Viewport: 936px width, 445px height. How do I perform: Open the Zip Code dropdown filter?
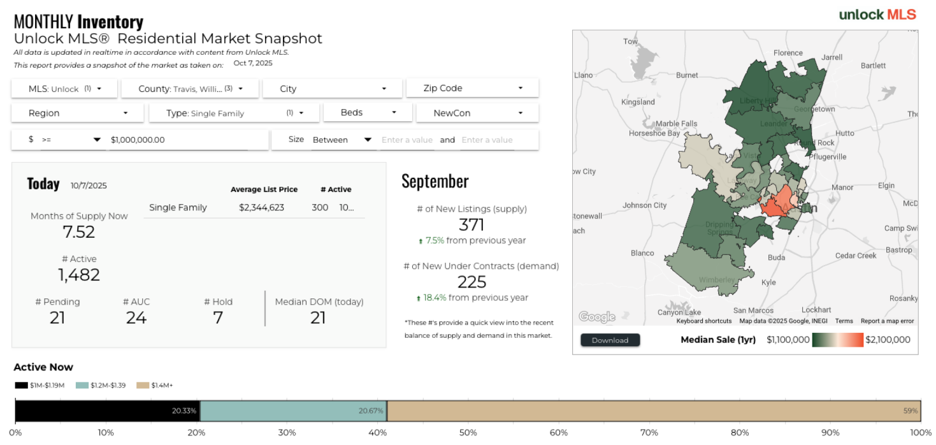pyautogui.click(x=472, y=88)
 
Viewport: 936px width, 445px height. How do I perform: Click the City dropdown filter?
pyautogui.click(x=332, y=89)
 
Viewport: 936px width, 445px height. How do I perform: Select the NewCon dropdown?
pyautogui.click(x=477, y=113)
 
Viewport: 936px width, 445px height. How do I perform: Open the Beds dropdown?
pyautogui.click(x=368, y=112)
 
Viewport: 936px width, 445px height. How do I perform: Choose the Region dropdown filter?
pyautogui.click(x=78, y=113)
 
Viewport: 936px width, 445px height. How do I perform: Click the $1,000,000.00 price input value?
pyautogui.click(x=138, y=140)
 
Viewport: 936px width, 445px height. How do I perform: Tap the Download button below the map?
pyautogui.click(x=610, y=340)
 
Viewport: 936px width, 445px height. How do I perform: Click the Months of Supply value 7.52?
pyautogui.click(x=79, y=232)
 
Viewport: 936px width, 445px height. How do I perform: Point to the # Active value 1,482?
pyautogui.click(x=79, y=275)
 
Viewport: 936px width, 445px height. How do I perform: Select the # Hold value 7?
pyautogui.click(x=218, y=317)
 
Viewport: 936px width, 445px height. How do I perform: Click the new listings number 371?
pyautogui.click(x=472, y=224)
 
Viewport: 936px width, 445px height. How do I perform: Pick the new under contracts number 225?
pyautogui.click(x=472, y=282)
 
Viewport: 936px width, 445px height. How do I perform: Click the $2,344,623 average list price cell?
pyautogui.click(x=261, y=207)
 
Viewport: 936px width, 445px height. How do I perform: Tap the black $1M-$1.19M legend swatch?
pyautogui.click(x=21, y=385)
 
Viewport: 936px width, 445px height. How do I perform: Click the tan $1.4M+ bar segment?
pyautogui.click(x=654, y=411)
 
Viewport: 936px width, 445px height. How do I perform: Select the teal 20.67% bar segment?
pyautogui.click(x=293, y=411)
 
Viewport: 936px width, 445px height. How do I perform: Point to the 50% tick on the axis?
pyautogui.click(x=468, y=433)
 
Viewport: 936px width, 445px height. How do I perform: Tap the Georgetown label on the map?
pyautogui.click(x=814, y=109)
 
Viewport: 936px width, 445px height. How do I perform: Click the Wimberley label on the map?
pyautogui.click(x=717, y=280)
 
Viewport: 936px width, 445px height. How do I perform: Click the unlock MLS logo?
pyautogui.click(x=877, y=15)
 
